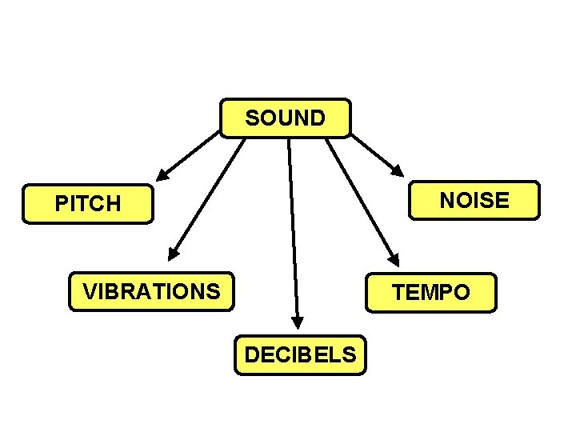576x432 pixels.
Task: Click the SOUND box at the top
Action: click(285, 118)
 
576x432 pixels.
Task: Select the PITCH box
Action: click(88, 203)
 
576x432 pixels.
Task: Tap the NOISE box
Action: click(474, 199)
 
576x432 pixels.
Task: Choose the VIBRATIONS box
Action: click(151, 291)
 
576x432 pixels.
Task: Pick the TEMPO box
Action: click(431, 293)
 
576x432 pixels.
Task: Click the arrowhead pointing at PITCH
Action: click(162, 174)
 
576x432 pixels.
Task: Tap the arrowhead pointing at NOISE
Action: click(398, 170)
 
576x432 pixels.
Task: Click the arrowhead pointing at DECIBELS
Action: click(298, 322)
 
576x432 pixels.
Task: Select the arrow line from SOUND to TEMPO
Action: click(360, 200)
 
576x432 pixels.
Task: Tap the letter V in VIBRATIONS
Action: click(90, 291)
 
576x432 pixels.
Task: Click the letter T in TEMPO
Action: click(398, 293)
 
